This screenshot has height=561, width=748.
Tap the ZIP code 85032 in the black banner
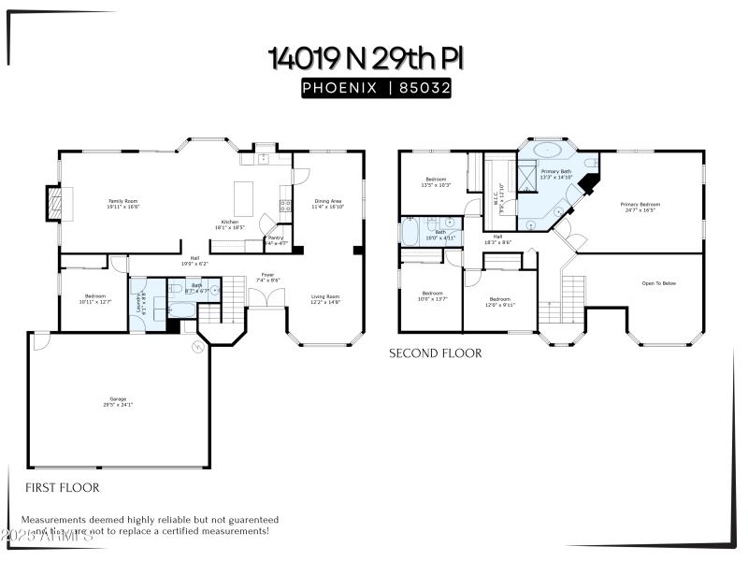click(x=426, y=88)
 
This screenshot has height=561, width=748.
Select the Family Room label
click(x=123, y=202)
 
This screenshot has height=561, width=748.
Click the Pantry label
click(x=276, y=240)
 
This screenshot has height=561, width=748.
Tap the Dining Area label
click(x=327, y=204)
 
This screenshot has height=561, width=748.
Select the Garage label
click(x=118, y=402)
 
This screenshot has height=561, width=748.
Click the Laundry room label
click(x=139, y=304)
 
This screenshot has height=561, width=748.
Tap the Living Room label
click(x=325, y=299)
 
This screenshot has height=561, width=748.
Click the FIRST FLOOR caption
click(x=62, y=487)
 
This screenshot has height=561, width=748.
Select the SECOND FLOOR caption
click(x=436, y=353)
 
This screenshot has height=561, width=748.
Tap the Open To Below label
click(x=658, y=282)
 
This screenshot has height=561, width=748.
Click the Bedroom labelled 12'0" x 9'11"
click(x=500, y=302)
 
